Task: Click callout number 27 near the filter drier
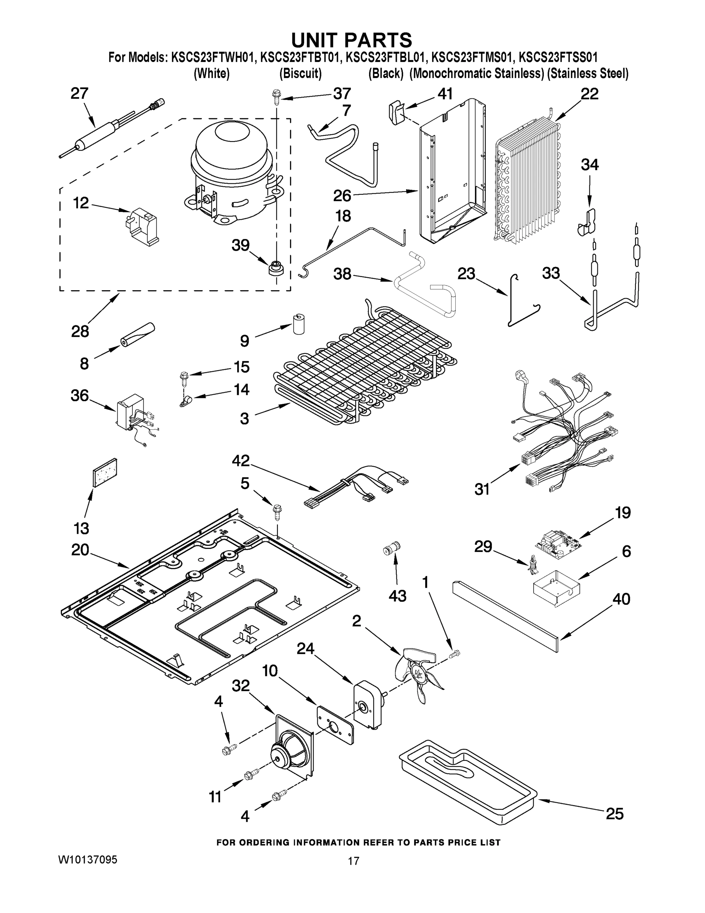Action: tap(79, 93)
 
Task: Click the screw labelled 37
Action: tap(276, 98)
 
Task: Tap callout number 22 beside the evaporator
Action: tap(589, 94)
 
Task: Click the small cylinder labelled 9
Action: tap(298, 324)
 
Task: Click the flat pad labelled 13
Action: tap(105, 472)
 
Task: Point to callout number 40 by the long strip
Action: tap(621, 599)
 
